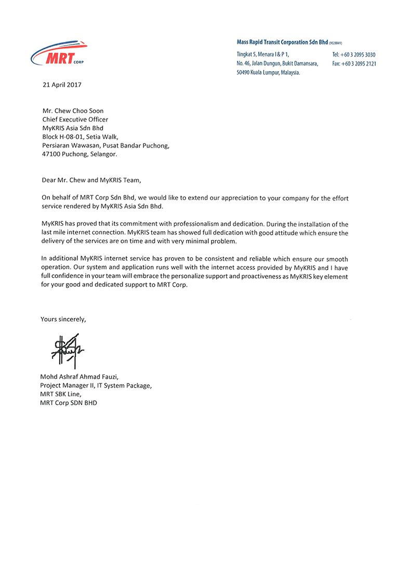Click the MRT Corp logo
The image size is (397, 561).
pyautogui.click(x=59, y=54)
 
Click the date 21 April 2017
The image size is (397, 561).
pyautogui.click(x=61, y=84)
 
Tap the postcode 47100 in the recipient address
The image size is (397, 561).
pyautogui.click(x=50, y=154)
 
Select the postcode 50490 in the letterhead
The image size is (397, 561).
pyautogui.click(x=245, y=73)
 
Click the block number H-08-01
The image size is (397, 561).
pyautogui.click(x=80, y=137)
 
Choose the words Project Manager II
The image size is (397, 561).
pyautogui.click(x=67, y=385)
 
